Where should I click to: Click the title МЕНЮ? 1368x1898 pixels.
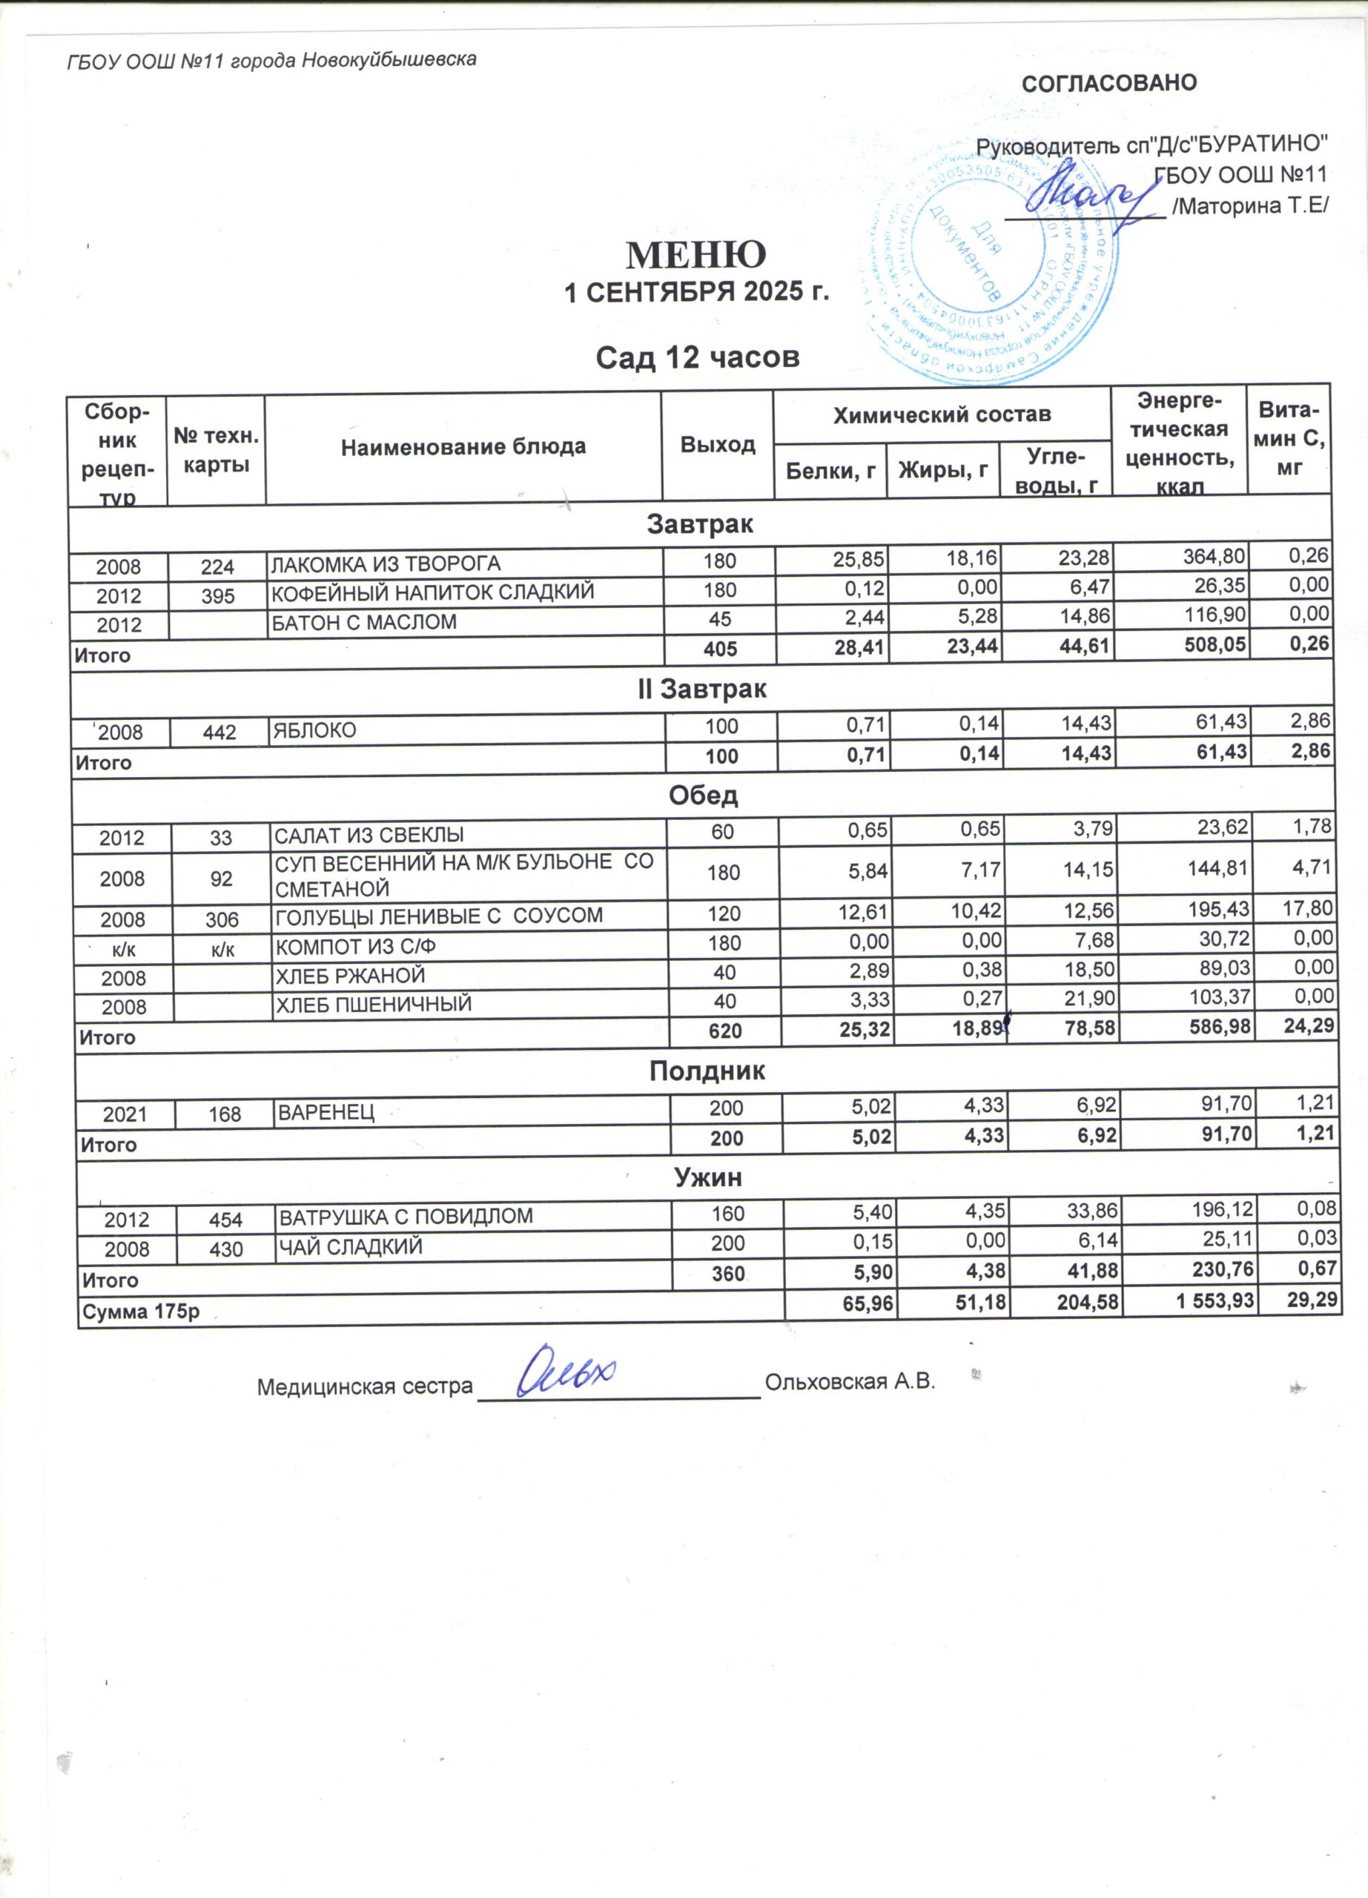(x=696, y=254)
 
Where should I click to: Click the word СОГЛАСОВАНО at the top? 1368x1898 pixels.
(x=1109, y=83)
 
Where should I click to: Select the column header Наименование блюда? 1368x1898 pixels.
(x=463, y=447)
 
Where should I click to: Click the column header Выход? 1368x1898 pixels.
(x=718, y=444)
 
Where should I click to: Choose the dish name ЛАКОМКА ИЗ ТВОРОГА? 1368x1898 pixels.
(x=385, y=564)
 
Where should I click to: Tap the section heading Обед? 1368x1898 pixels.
(x=703, y=795)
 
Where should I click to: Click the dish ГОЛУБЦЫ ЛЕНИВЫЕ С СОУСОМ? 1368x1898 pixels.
(x=439, y=916)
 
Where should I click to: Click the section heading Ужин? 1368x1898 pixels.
(x=708, y=1177)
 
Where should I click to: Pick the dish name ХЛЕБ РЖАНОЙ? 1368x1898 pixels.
(x=351, y=976)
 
